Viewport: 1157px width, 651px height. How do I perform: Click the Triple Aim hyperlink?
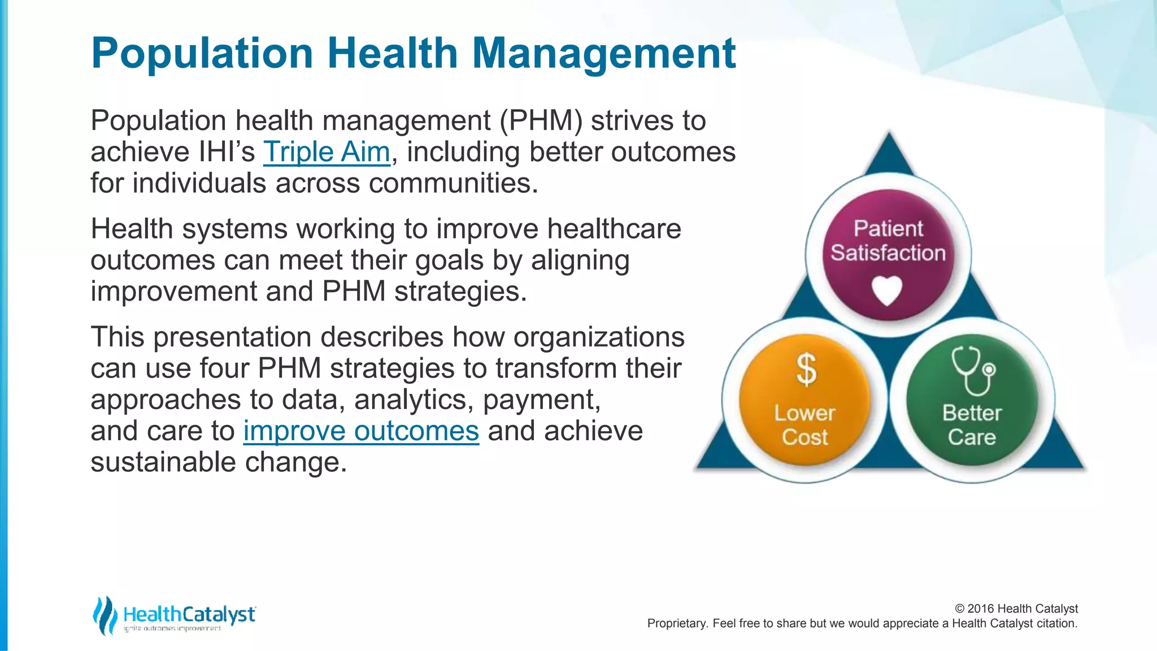327,152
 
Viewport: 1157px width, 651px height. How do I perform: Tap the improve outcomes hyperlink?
361,431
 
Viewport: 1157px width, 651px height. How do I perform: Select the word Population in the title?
202,53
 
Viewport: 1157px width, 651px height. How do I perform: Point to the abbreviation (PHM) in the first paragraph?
541,121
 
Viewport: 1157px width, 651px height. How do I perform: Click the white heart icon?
887,290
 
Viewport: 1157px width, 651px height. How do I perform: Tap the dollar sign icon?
806,370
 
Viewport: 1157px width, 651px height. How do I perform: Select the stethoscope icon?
973,371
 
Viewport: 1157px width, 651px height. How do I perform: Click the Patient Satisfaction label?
888,241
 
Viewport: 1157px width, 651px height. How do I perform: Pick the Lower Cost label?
804,425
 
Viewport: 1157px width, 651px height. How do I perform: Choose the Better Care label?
972,425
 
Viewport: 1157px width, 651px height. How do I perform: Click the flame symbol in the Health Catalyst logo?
105,615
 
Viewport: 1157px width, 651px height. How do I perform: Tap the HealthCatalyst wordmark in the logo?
189,614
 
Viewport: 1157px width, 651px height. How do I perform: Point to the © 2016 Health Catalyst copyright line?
1016,609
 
